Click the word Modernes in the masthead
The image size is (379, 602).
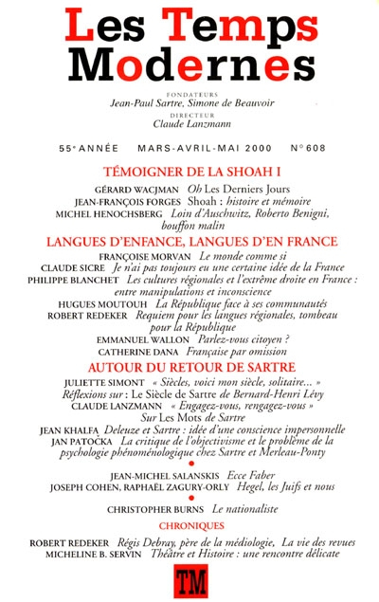(189, 62)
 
